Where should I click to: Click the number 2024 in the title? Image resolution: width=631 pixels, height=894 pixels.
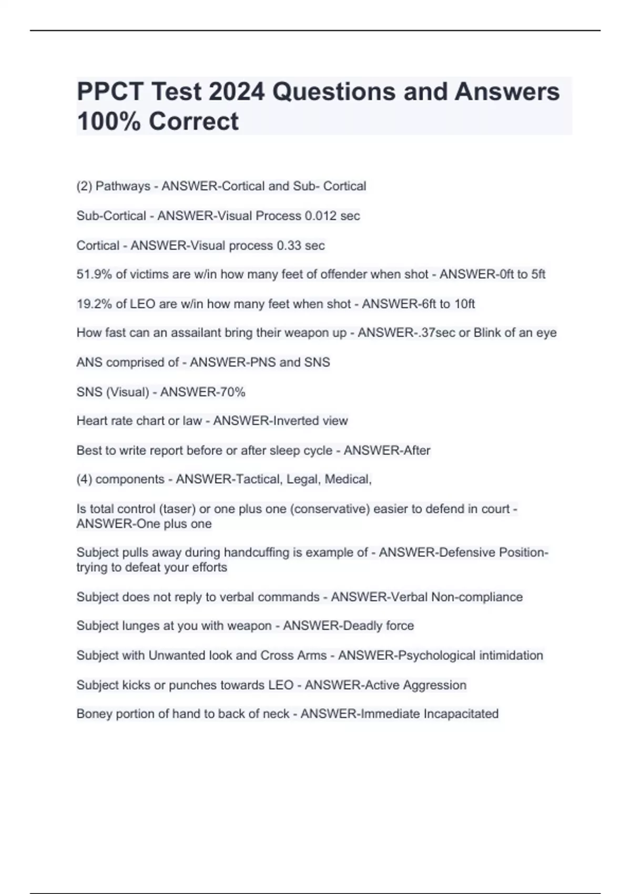(x=237, y=92)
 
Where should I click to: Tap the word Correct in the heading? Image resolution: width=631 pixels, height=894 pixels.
(x=194, y=121)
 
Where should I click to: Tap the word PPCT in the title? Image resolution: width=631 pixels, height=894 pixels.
(x=110, y=92)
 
